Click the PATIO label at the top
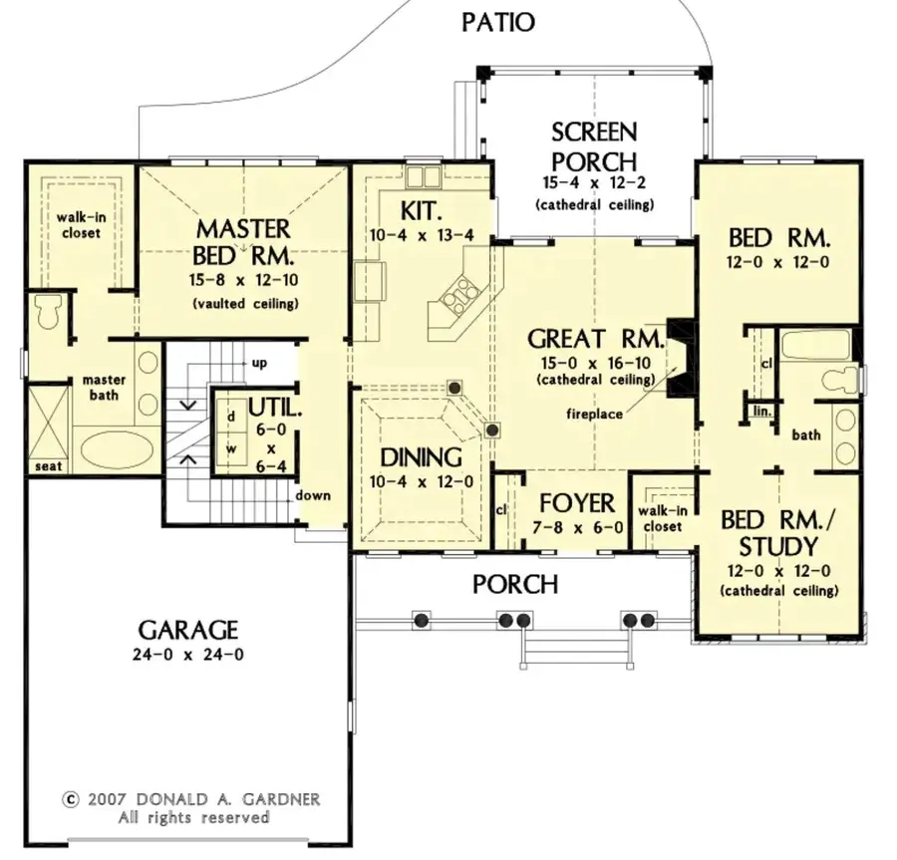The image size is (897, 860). click(497, 21)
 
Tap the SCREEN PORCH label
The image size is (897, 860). click(594, 145)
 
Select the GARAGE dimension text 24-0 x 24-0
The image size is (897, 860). click(188, 655)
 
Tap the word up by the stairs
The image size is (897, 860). click(259, 363)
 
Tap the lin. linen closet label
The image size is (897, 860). click(763, 410)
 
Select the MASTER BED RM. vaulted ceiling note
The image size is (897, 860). click(243, 304)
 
